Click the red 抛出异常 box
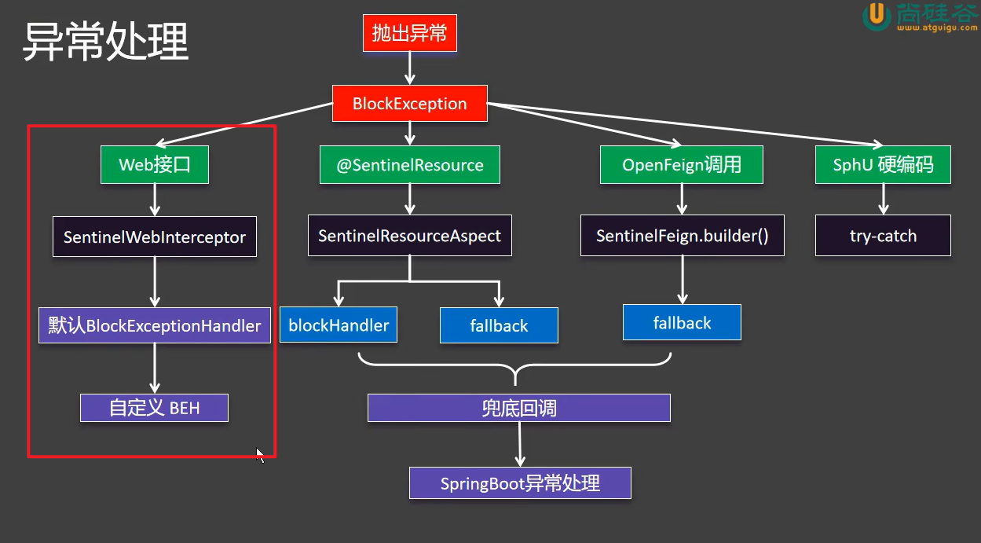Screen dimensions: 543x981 pyautogui.click(x=409, y=34)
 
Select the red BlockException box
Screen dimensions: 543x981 pyautogui.click(x=409, y=104)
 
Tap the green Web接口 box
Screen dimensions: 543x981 pyautogui.click(x=155, y=165)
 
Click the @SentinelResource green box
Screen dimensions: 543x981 pyautogui.click(x=410, y=165)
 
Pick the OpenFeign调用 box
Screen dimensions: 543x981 pyautogui.click(x=682, y=165)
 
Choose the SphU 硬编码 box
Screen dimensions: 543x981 pyautogui.click(x=883, y=165)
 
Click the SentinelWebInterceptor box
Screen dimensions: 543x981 pyautogui.click(x=155, y=237)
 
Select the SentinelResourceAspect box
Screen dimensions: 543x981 pyautogui.click(x=409, y=236)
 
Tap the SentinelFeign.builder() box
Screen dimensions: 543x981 pyautogui.click(x=682, y=236)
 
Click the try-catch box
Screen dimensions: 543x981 pyautogui.click(x=883, y=236)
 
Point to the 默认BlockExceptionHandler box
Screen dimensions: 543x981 pyautogui.click(x=155, y=325)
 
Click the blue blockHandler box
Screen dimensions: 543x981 pyautogui.click(x=339, y=325)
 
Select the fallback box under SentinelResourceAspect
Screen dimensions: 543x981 pyautogui.click(x=499, y=325)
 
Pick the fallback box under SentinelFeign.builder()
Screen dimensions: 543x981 pyautogui.click(x=682, y=323)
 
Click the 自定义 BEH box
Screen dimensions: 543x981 pyautogui.click(x=155, y=408)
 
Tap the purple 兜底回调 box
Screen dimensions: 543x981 pyautogui.click(x=518, y=408)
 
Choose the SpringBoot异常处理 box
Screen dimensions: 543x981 pyautogui.click(x=520, y=482)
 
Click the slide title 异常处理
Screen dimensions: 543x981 pyautogui.click(x=105, y=41)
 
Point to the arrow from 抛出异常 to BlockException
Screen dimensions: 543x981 pyautogui.click(x=409, y=69)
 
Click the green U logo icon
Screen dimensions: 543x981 pyautogui.click(x=876, y=17)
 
